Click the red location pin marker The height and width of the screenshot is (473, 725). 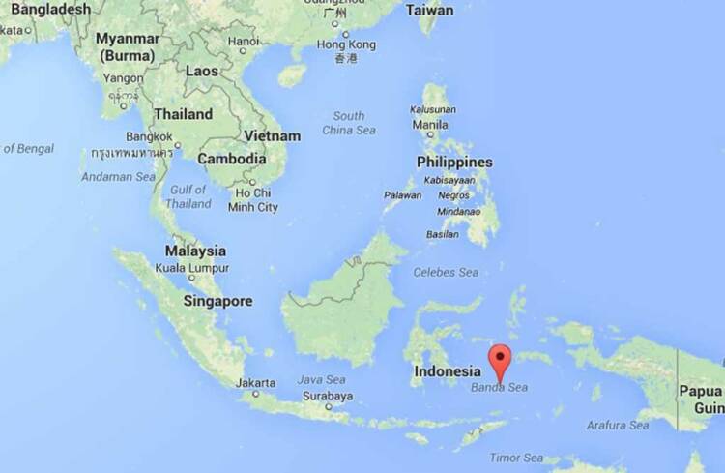coord(500,362)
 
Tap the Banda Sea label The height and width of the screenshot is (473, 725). coord(499,388)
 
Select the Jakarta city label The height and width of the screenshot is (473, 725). coord(255,382)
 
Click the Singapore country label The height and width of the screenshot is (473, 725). coord(217,301)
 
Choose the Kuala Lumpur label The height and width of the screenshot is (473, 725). coord(196,267)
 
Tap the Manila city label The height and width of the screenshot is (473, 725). coord(430,124)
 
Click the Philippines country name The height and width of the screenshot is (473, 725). coord(454,163)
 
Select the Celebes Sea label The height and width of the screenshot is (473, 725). coord(446,273)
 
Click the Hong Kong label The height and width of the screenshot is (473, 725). coord(346,44)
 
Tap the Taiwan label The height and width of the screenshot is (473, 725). coord(429,11)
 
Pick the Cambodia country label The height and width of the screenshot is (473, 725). coord(232,159)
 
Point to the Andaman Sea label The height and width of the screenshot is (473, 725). coord(118,177)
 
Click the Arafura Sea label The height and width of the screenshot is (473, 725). coord(619,425)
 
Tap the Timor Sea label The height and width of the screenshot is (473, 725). coord(517,458)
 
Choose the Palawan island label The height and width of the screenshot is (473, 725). coord(403,195)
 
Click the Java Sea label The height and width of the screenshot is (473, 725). coord(322,380)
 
